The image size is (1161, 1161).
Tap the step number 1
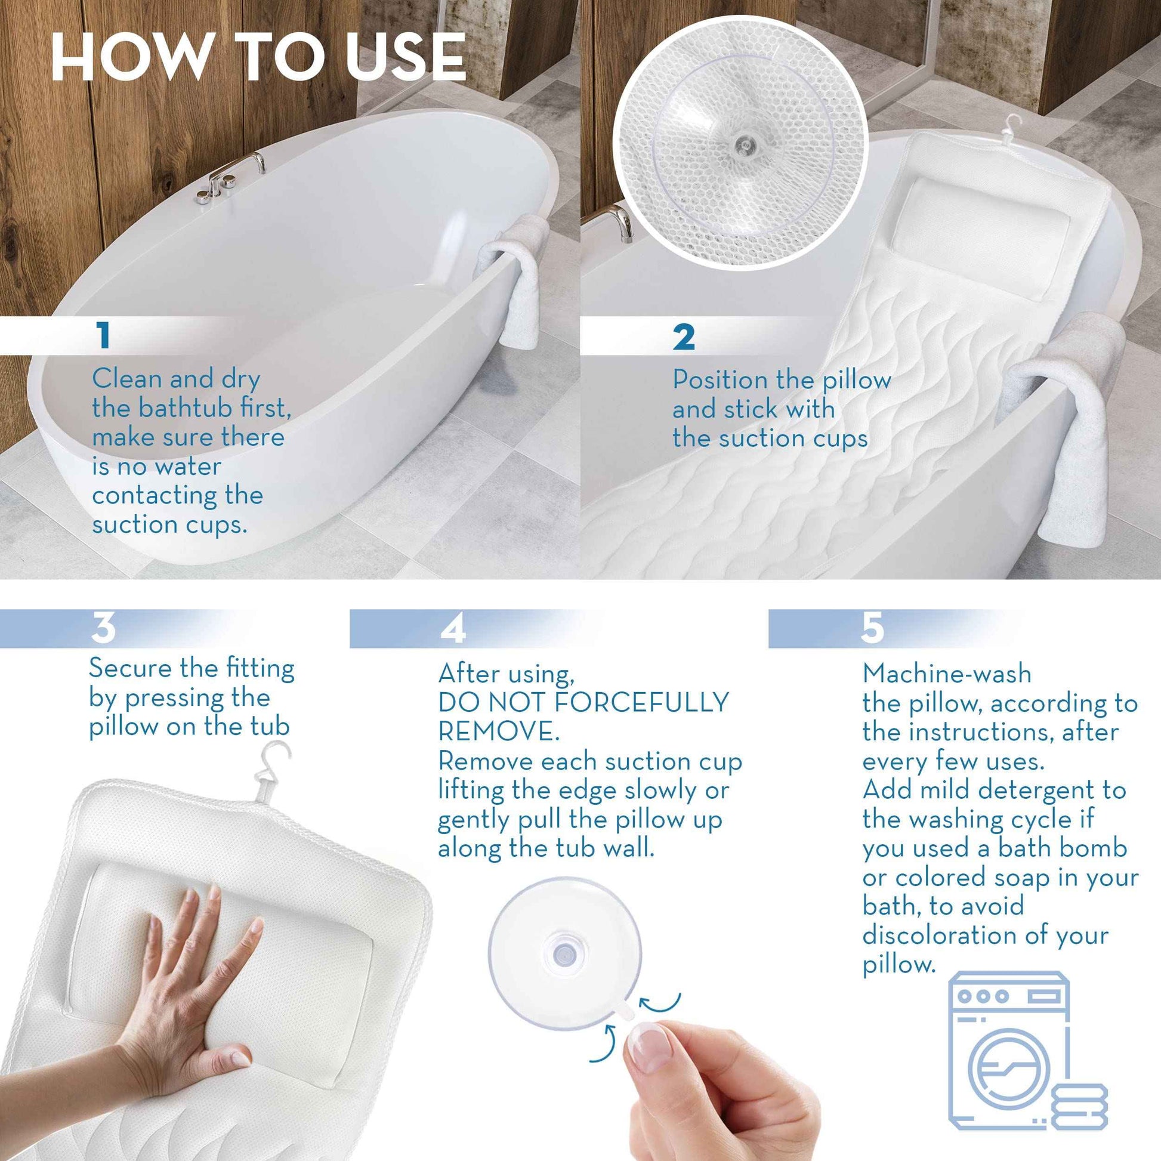[x=104, y=335]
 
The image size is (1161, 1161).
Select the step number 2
[x=684, y=337]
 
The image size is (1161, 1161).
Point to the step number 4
[x=452, y=629]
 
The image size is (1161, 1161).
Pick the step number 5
[x=872, y=628]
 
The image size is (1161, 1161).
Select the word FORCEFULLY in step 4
[x=641, y=702]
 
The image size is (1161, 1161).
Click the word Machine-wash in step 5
[x=947, y=674]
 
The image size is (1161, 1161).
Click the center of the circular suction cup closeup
[x=740, y=143]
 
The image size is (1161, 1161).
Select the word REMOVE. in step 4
[x=498, y=731]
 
